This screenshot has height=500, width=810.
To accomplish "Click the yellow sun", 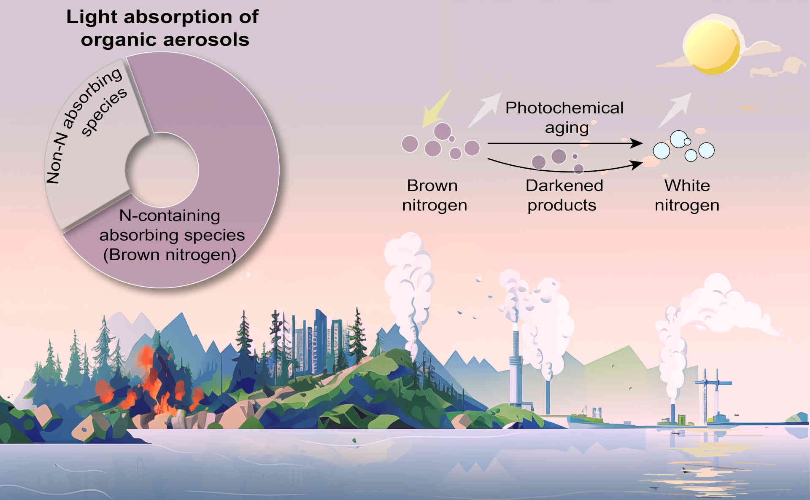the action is click(x=711, y=46).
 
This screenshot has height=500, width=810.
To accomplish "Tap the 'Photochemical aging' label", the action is click(x=564, y=117).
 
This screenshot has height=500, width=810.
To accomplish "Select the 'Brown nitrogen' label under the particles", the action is click(x=435, y=195).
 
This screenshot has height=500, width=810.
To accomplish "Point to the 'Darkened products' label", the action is click(x=564, y=195).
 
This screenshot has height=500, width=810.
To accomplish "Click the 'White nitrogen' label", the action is click(x=687, y=195).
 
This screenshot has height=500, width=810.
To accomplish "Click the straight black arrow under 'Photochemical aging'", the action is click(x=565, y=143).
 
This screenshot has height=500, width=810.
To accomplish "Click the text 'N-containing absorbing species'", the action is click(x=172, y=225).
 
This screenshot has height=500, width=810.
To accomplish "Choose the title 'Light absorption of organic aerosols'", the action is click(x=163, y=28).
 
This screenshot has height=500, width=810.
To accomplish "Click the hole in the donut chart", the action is click(x=162, y=169).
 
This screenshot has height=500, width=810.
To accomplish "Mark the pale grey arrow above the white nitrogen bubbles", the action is click(x=675, y=110).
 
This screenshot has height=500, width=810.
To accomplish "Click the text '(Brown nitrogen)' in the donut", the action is click(x=170, y=255).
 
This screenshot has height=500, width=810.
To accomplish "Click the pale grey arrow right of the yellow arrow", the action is click(x=485, y=110).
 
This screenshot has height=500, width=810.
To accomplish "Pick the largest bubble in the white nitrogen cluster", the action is click(x=678, y=139).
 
